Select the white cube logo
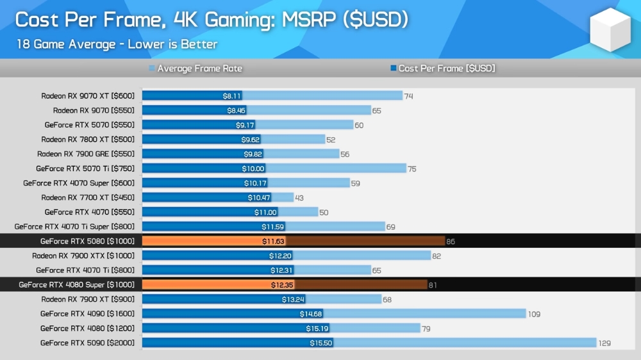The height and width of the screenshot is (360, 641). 610,29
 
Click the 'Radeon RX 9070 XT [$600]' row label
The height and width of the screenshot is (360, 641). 88,96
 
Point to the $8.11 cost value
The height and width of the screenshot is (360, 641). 232,96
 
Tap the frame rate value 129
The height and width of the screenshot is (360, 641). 604,343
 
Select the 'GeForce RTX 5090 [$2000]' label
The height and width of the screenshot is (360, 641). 87,343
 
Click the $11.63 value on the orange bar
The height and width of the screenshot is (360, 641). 274,241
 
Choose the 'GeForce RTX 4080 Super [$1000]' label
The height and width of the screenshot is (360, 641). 77,285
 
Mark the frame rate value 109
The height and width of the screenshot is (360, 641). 534,314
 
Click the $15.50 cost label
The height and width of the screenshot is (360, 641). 320,343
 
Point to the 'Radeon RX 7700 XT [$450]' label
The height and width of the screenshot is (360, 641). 88,198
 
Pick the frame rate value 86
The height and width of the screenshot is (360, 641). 451,241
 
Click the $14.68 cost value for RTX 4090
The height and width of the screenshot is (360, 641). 311,314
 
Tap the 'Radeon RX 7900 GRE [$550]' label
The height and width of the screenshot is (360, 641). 86,154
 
